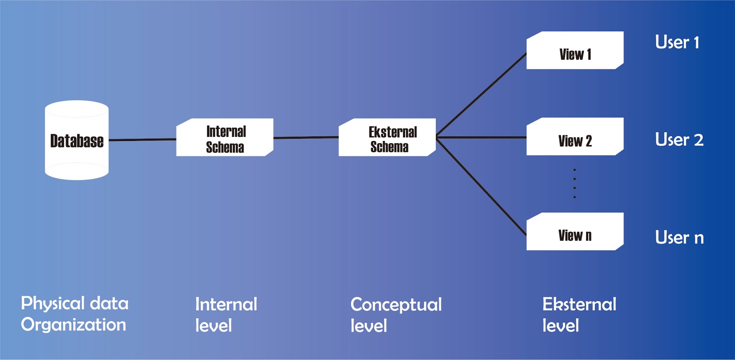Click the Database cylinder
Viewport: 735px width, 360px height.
pyautogui.click(x=77, y=141)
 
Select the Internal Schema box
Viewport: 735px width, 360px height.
pyautogui.click(x=225, y=138)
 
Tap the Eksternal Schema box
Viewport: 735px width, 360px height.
pyautogui.click(x=387, y=138)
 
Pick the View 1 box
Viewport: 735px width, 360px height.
pyautogui.click(x=575, y=51)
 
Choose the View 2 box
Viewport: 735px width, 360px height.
pyautogui.click(x=575, y=137)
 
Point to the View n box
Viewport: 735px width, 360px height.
pyautogui.click(x=575, y=232)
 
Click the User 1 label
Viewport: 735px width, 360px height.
pyautogui.click(x=677, y=42)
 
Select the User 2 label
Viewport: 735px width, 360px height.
pyautogui.click(x=679, y=140)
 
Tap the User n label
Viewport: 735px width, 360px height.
pyautogui.click(x=679, y=237)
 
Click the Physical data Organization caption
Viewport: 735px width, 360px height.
pyautogui.click(x=74, y=314)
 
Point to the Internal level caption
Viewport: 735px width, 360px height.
pyautogui.click(x=226, y=315)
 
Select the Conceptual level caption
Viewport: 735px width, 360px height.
pyautogui.click(x=396, y=315)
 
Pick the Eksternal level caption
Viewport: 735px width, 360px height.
pyautogui.click(x=579, y=315)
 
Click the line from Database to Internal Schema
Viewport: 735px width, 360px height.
pyautogui.click(x=142, y=140)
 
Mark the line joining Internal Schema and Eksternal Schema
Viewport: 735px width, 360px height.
pyautogui.click(x=306, y=137)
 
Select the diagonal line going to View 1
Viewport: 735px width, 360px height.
pyautogui.click(x=481, y=95)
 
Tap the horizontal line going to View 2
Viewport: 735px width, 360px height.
pyautogui.click(x=481, y=137)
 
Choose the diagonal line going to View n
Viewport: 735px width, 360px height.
pyautogui.click(x=481, y=186)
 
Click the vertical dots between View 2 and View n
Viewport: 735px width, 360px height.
pyautogui.click(x=574, y=183)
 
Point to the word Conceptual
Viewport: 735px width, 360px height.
pyautogui.click(x=396, y=304)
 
